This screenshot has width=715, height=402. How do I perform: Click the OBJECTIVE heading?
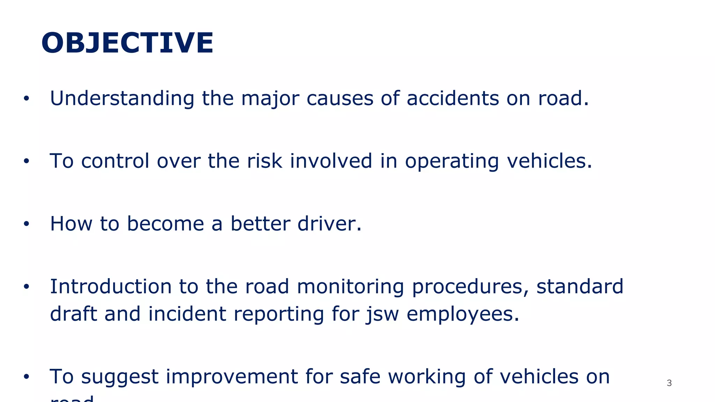[x=127, y=43]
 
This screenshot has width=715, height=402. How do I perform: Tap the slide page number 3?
[x=669, y=383]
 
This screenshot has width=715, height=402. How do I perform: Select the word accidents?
[x=453, y=98]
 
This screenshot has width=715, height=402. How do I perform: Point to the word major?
[x=270, y=99]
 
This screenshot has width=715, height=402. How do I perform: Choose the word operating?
[x=452, y=162]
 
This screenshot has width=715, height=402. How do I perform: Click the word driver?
[x=330, y=224]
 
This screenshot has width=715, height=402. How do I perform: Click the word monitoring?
[x=350, y=287]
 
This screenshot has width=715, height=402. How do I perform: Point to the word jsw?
[x=382, y=314]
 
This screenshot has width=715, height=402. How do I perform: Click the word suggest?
[x=120, y=377]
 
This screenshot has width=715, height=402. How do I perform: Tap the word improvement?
[x=231, y=377]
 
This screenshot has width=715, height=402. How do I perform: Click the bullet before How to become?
[x=26, y=224]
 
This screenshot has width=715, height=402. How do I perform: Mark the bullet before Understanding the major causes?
[x=26, y=99]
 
